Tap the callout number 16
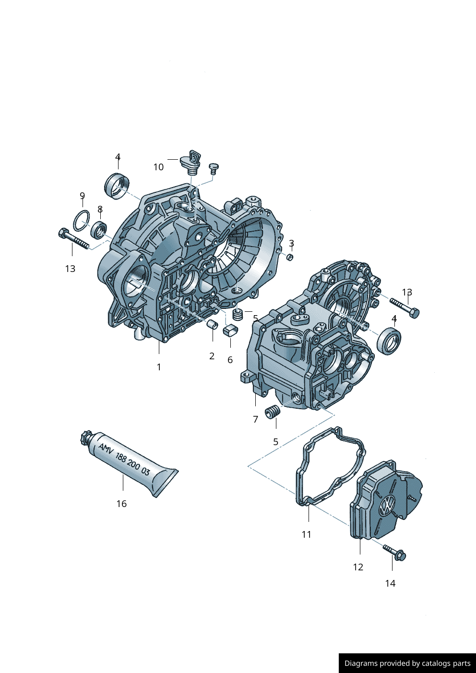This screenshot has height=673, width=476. click(x=121, y=504)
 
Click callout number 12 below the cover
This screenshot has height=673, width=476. click(x=358, y=567)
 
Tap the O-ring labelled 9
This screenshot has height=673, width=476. click(x=82, y=220)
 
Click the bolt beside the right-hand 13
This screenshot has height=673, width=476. click(x=405, y=307)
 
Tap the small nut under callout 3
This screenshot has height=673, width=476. click(x=290, y=258)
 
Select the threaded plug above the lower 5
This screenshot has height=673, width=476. click(x=273, y=412)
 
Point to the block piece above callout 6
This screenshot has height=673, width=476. click(x=230, y=330)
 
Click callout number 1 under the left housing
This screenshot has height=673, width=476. click(x=159, y=367)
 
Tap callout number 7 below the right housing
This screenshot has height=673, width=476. click(x=255, y=419)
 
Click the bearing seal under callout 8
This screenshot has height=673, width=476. click(x=99, y=230)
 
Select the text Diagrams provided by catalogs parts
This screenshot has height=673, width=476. click(x=407, y=663)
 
